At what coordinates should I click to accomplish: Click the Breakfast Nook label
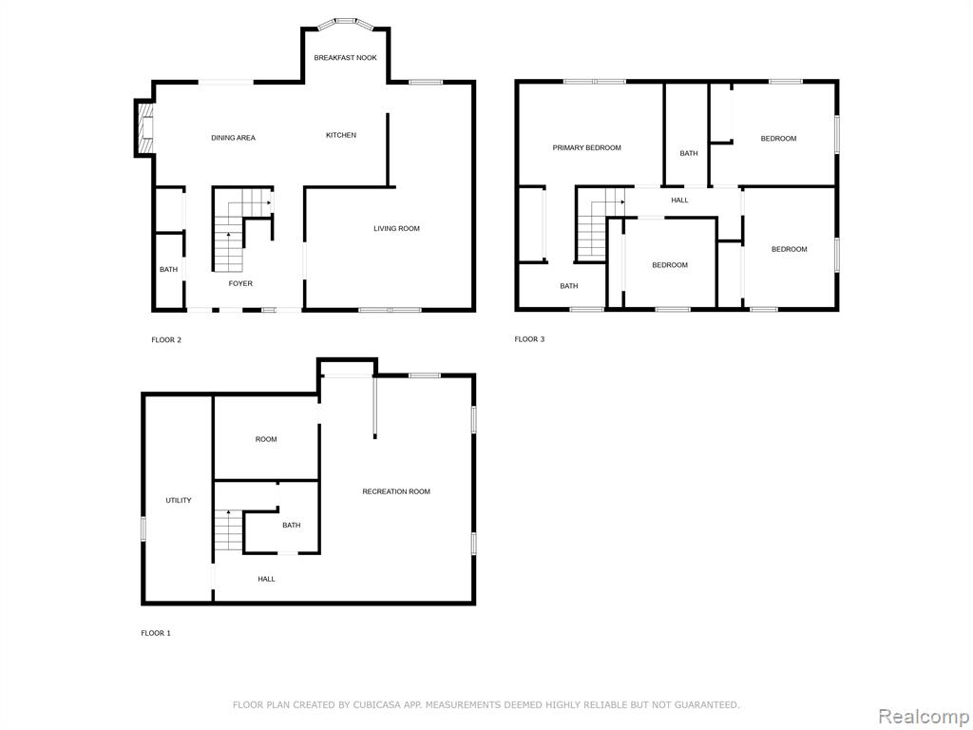tap(345, 58)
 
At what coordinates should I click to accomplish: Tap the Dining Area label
tap(234, 138)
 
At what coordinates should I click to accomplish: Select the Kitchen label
tap(341, 135)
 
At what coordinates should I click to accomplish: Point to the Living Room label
tap(396, 228)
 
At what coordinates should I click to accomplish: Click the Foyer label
tap(240, 283)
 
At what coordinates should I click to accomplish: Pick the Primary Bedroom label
tap(587, 147)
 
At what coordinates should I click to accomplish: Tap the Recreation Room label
tap(396, 491)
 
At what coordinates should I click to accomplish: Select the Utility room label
tap(179, 500)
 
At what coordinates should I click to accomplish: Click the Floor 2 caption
tap(166, 340)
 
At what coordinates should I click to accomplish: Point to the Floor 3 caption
tap(529, 339)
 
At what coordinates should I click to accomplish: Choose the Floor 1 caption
tap(156, 634)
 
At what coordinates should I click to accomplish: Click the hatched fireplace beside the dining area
tap(144, 128)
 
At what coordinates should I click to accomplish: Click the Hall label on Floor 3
tap(679, 201)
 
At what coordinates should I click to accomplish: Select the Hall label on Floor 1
tap(267, 579)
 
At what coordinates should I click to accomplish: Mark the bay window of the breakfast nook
tap(346, 24)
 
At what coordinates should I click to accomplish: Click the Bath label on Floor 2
tap(169, 269)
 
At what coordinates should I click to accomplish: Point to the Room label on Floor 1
tap(266, 439)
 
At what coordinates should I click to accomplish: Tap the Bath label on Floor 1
tap(292, 525)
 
